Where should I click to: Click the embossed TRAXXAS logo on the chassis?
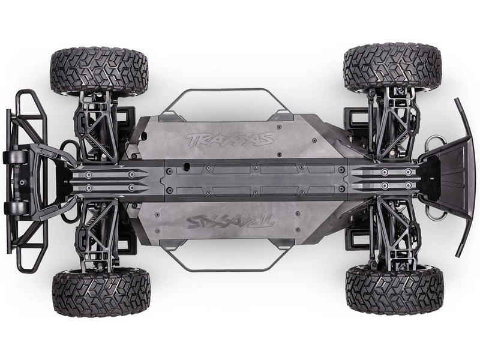pyautogui.click(x=230, y=140)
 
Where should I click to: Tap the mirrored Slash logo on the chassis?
pyautogui.click(x=230, y=221)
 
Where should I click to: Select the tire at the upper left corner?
pyautogui.click(x=98, y=71)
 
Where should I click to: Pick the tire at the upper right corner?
pyautogui.click(x=392, y=67)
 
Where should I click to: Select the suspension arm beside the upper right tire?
pyautogui.click(x=393, y=123)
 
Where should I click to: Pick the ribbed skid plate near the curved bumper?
pyautogui.click(x=384, y=179)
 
